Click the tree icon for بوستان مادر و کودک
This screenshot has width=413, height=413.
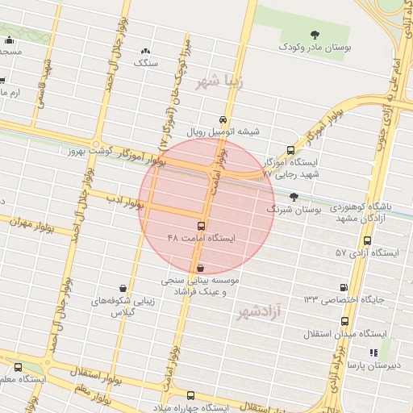314,35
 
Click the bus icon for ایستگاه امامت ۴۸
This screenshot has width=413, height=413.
200,227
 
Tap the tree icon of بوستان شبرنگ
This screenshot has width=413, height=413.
294,196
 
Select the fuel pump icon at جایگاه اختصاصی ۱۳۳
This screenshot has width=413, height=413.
344,287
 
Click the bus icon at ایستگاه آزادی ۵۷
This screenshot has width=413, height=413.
369,240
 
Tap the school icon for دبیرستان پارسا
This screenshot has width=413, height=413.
373,353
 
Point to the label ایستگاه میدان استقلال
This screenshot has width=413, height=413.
346,333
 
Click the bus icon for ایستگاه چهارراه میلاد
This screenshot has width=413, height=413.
190,395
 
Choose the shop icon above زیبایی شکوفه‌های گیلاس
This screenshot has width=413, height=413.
123,289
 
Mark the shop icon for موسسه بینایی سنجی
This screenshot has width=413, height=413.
200,268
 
